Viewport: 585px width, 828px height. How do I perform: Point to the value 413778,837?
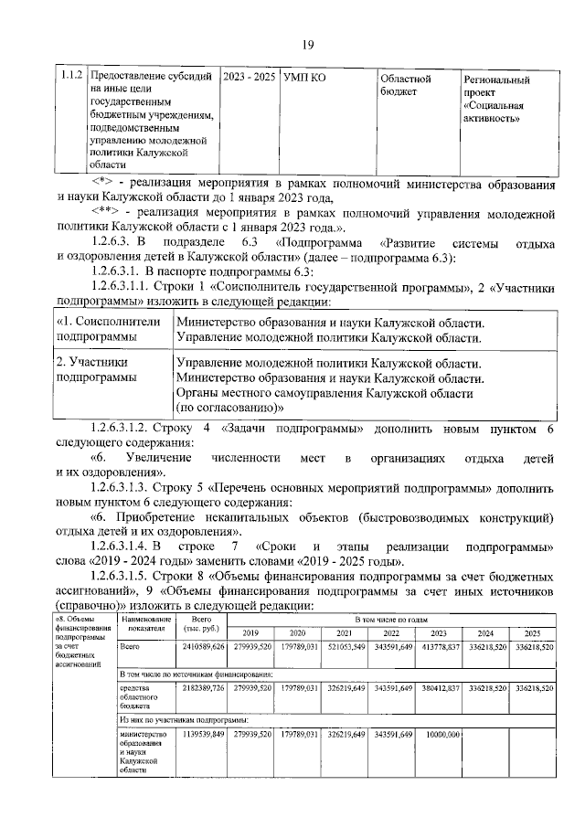pyautogui.click(x=438, y=648)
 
